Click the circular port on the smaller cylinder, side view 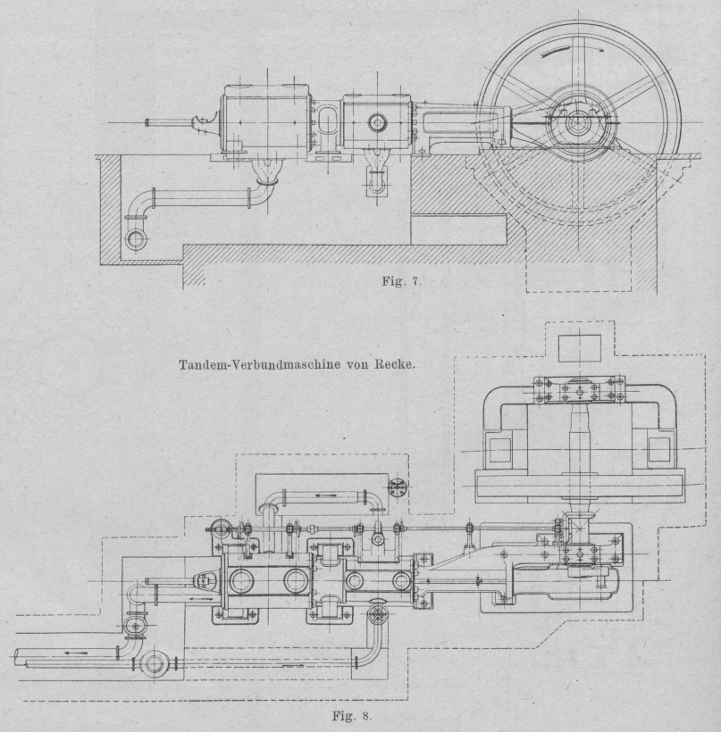(x=376, y=121)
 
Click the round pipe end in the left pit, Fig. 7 (x=136, y=239)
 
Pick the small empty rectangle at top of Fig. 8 (x=578, y=347)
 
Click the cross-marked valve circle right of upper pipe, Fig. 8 (x=398, y=487)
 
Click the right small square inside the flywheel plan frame (x=658, y=449)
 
